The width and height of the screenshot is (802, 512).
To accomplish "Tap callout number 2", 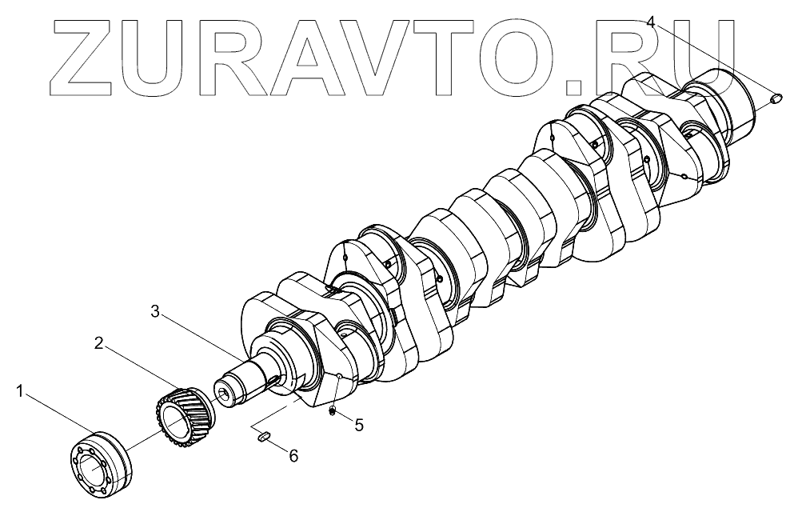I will pyautogui.click(x=98, y=343).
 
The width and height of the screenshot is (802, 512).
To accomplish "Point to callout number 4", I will pyautogui.click(x=652, y=22).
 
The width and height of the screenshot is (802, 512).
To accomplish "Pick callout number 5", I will pyautogui.click(x=358, y=425).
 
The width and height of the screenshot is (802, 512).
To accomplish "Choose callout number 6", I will pyautogui.click(x=293, y=455).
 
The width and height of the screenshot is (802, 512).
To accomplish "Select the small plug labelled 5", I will pyautogui.click(x=331, y=411).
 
